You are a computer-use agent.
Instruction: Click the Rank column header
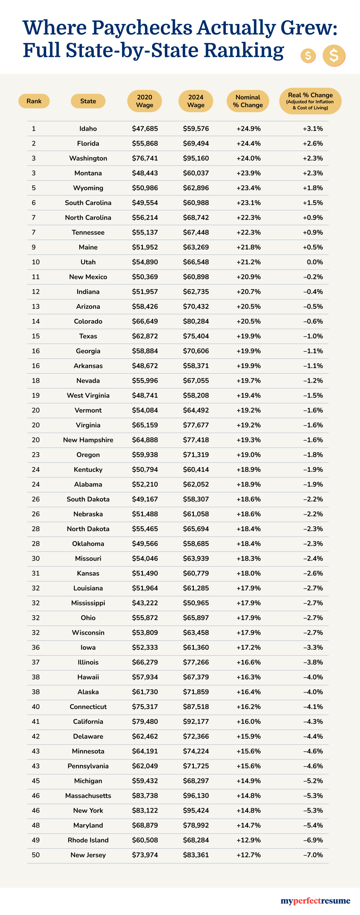click(34, 101)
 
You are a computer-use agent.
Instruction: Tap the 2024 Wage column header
click(196, 101)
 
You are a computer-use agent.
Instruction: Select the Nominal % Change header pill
click(248, 101)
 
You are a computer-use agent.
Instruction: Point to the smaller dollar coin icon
click(308, 56)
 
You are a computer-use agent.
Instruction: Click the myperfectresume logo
click(315, 901)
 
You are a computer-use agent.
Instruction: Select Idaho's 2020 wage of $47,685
click(145, 129)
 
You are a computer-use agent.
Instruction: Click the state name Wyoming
click(88, 188)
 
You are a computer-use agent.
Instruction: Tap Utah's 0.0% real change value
click(315, 262)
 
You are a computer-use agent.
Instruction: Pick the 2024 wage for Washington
click(196, 158)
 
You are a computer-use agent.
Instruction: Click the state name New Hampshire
click(88, 440)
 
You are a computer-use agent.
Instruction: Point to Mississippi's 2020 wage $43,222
click(145, 603)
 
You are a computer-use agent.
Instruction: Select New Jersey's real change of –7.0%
click(313, 855)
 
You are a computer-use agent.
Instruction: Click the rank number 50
click(36, 855)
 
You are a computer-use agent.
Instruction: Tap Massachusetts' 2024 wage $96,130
click(196, 796)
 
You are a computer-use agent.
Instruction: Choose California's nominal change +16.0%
click(248, 721)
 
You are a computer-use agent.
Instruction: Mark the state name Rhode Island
click(88, 840)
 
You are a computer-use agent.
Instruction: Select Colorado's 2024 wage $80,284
click(196, 321)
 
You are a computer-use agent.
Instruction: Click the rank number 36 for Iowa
click(36, 647)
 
